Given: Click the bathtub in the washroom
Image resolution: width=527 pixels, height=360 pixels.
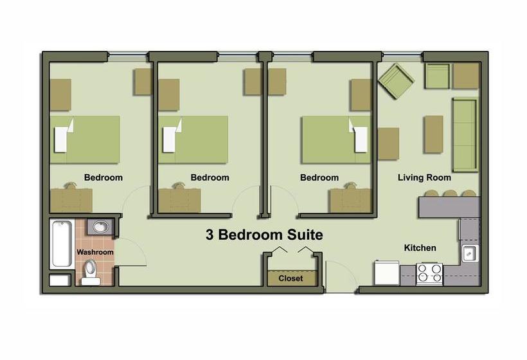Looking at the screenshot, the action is coord(62,244).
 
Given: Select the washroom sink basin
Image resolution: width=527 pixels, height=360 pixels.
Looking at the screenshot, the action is coord(100,226).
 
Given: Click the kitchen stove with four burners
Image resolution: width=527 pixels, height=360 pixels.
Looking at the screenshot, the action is coord(429,273).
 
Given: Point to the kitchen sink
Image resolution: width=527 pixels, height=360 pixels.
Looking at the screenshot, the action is coord(470,253).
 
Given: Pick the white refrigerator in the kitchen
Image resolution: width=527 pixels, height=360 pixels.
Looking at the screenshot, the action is coord(387,273).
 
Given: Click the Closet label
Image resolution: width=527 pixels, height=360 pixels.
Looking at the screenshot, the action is coord(290,278).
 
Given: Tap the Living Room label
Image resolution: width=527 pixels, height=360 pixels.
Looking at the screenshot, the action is coord(424,177).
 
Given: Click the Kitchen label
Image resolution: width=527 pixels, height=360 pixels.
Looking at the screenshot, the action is coord(420,248).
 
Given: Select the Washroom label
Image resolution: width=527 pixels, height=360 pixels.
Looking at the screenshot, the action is coord(95,252).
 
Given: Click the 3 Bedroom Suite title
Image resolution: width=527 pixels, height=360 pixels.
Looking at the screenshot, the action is coord(265,235).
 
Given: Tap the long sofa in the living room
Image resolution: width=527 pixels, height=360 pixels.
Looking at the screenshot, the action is coord(465,135).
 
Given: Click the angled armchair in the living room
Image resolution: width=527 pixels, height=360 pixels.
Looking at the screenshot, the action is coord(396,82).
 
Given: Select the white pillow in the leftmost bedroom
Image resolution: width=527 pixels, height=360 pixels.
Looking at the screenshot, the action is coord(63,136).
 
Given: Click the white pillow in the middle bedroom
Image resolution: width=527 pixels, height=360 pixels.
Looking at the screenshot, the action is coord(172,136).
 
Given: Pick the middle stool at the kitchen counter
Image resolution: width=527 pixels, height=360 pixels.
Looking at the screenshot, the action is coord(450,194).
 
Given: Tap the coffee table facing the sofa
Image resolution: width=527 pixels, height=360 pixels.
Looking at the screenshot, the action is coord(434,134).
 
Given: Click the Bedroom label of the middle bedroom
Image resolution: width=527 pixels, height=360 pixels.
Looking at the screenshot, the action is coord(210,177).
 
